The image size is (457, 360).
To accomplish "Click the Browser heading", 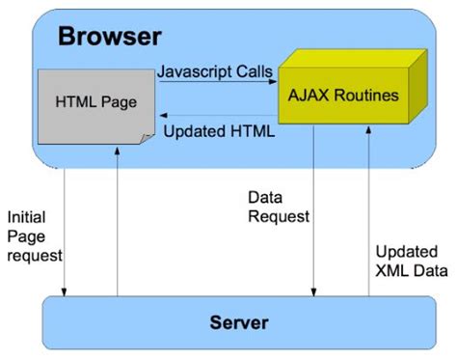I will (109, 38).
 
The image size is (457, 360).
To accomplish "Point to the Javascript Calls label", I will (217, 71).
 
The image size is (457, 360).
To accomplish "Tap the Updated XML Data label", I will (409, 261).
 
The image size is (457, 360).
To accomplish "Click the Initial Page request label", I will (35, 235).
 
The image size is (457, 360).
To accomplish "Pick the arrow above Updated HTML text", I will (217, 115).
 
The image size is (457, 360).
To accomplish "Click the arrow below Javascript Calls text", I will (217, 85).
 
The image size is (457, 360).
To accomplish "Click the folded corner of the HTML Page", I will (145, 142).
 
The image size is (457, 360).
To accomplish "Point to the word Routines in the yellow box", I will (360, 97).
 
